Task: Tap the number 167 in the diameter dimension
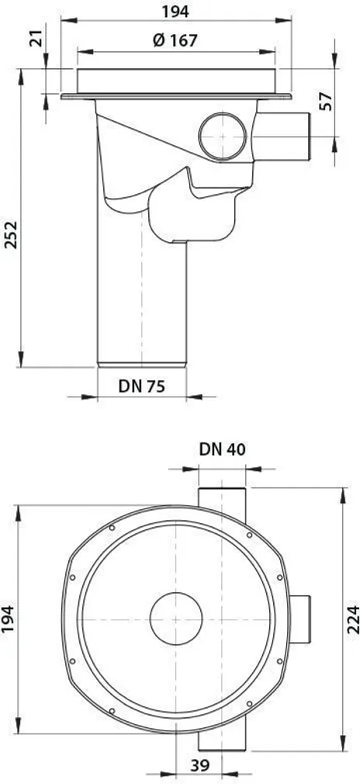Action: click(x=183, y=40)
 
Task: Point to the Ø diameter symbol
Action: click(x=159, y=40)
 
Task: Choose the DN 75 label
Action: click(x=141, y=386)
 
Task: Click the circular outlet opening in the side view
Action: click(x=223, y=137)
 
